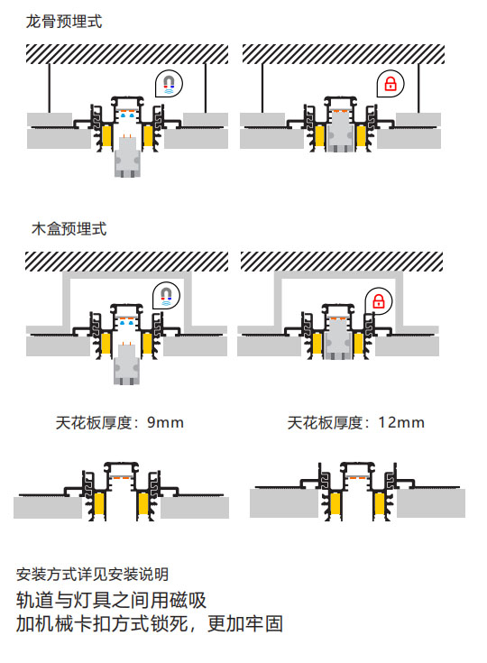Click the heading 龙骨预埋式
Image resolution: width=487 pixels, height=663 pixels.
64,21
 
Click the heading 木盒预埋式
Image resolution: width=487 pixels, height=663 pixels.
69,229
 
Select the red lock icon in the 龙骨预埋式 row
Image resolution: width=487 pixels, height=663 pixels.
391,84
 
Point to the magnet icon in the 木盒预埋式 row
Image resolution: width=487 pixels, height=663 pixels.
166,296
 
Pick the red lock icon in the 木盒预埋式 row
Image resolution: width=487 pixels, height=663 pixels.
379,301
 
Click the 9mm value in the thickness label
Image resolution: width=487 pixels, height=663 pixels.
165,422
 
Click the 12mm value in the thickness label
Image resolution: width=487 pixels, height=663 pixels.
401,422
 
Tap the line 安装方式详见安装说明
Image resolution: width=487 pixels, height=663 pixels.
92,575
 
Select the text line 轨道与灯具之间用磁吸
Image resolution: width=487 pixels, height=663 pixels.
111,601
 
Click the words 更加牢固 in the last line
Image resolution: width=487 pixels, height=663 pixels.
245,623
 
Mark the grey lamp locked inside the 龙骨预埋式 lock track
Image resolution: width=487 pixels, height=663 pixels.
340,131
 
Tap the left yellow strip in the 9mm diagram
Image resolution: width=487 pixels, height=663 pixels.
100,504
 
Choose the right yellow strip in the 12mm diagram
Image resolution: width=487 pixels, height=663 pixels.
379,504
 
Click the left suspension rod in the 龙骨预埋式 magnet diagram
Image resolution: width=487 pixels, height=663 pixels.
50,88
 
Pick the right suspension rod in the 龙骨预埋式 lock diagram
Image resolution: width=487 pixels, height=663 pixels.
418,88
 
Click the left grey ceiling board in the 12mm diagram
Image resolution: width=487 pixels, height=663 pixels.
284,503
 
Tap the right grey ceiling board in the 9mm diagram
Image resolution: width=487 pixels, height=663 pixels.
195,507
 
